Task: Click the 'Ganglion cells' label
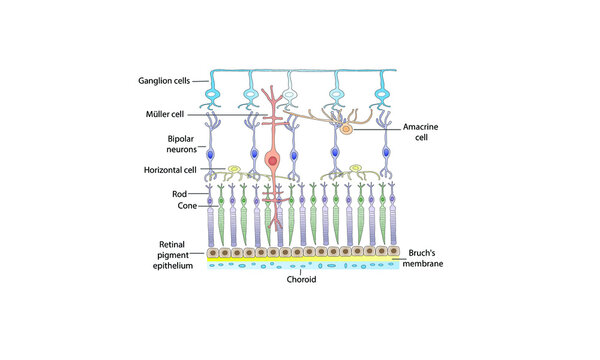[x=171, y=80]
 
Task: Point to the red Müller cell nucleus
[x=272, y=160]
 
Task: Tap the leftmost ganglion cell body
[x=213, y=99]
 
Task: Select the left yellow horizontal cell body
[x=233, y=170]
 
